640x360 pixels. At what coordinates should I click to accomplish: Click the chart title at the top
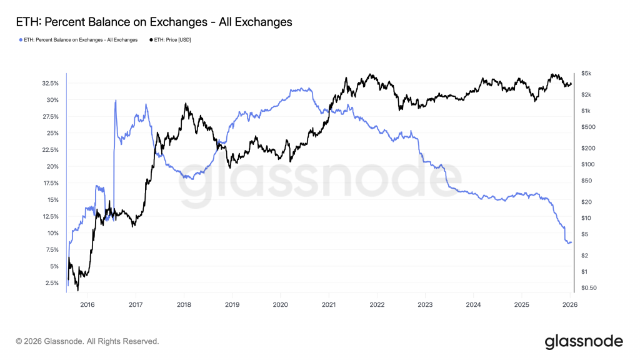click(152, 22)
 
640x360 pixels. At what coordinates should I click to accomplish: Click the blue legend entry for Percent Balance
click(77, 40)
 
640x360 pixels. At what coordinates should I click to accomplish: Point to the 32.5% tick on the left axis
click(50, 83)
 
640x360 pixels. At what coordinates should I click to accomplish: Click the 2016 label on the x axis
click(87, 305)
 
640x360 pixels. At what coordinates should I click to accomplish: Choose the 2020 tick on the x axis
click(280, 305)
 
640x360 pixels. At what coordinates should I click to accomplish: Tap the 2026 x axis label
click(569, 305)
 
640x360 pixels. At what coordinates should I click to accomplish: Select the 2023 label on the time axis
click(425, 305)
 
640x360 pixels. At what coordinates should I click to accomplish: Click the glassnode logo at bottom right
click(584, 341)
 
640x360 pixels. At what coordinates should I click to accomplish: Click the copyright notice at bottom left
click(87, 341)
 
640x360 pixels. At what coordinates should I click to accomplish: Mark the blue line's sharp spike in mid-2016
click(116, 101)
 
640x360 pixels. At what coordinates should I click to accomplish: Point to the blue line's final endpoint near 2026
click(571, 242)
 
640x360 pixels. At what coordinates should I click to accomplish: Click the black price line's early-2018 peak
click(185, 104)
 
